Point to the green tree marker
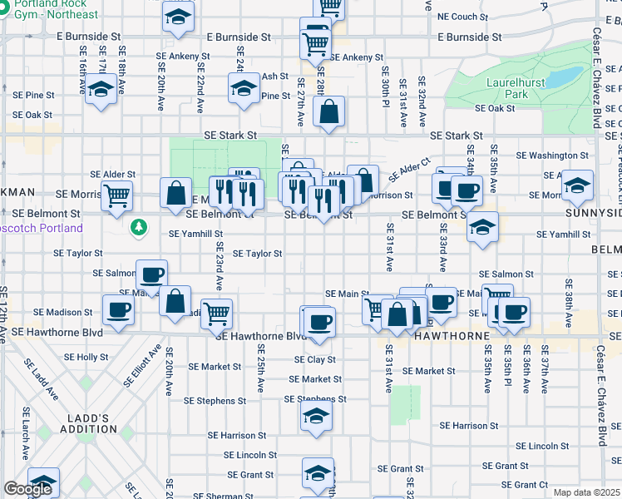tap(139, 226)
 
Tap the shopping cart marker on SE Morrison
tap(116, 195)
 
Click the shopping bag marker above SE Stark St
tap(329, 111)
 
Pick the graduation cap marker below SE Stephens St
tap(316, 417)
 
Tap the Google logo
tap(27, 489)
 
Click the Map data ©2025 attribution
tap(586, 492)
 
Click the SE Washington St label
tap(552, 156)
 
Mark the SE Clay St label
tap(314, 360)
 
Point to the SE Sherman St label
tap(211, 496)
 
